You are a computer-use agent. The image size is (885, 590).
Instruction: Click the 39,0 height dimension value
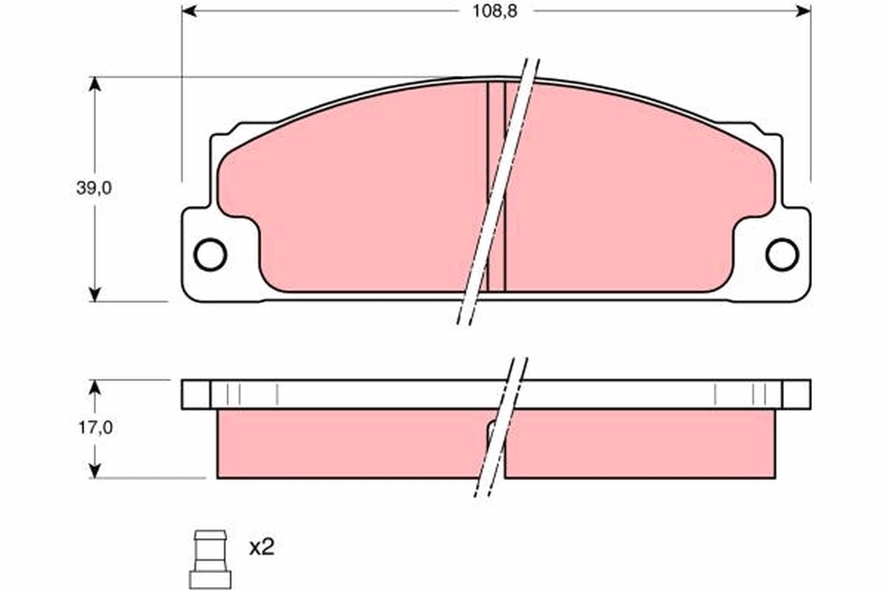click(94, 188)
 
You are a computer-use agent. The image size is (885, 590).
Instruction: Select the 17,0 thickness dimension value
click(94, 427)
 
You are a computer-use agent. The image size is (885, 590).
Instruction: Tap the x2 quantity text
click(261, 547)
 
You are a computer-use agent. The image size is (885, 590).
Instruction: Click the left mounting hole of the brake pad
click(209, 254)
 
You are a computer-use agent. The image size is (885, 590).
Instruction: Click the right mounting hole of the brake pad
click(782, 254)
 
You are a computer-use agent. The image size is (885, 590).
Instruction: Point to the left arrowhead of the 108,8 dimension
click(189, 11)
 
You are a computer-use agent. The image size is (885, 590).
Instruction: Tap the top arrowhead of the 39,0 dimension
click(94, 83)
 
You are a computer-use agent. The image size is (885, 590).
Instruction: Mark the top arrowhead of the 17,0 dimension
click(94, 386)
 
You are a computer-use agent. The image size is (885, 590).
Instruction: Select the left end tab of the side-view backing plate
click(195, 395)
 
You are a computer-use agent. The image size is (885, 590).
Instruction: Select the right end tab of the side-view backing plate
click(795, 395)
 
